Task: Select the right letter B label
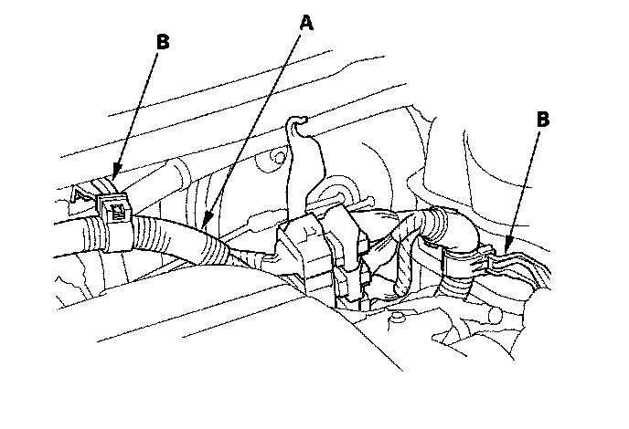click(x=542, y=118)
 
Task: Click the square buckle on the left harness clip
click(x=116, y=212)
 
